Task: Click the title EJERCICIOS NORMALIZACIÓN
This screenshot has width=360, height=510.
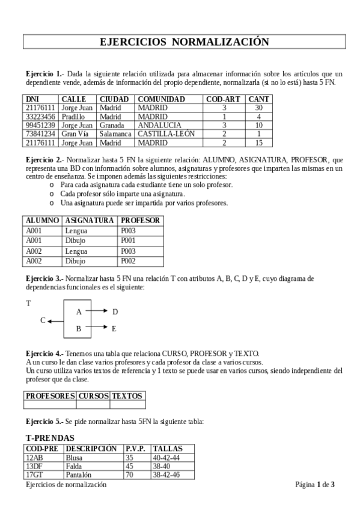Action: [184, 41]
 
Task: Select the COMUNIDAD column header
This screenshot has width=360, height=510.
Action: [161, 99]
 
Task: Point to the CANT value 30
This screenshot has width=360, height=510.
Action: [259, 108]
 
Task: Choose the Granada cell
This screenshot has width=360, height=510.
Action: [112, 125]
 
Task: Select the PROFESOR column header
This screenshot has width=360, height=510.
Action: [140, 221]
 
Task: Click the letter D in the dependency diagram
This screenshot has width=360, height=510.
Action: [115, 312]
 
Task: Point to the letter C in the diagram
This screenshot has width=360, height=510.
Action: [43, 321]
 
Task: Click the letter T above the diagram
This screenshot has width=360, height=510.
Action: [28, 304]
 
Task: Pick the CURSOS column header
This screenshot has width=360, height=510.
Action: [93, 396]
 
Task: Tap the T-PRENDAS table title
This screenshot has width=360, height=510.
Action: [50, 438]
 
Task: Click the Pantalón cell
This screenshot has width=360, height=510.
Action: [79, 475]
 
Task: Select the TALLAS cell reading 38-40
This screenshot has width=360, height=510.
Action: [163, 465]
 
